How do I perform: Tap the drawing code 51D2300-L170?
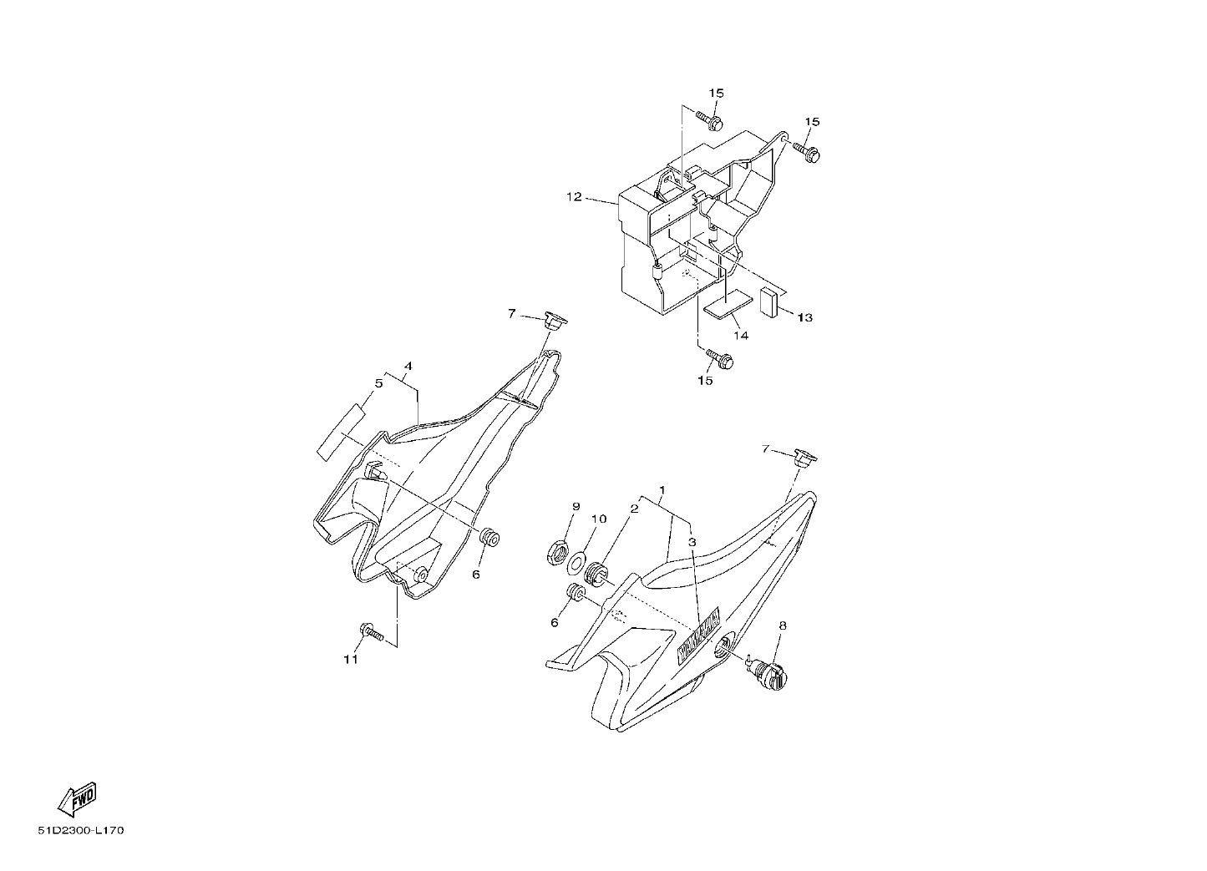(81, 831)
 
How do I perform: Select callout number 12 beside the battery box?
(575, 197)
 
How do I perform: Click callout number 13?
(805, 318)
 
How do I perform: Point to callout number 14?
(741, 336)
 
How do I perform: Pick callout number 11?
(351, 660)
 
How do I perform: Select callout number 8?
(783, 625)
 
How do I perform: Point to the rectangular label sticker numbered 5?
(340, 432)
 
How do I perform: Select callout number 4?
(408, 367)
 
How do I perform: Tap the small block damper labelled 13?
(768, 301)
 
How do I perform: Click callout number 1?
(662, 490)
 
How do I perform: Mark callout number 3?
(692, 542)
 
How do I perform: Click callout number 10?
(599, 519)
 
